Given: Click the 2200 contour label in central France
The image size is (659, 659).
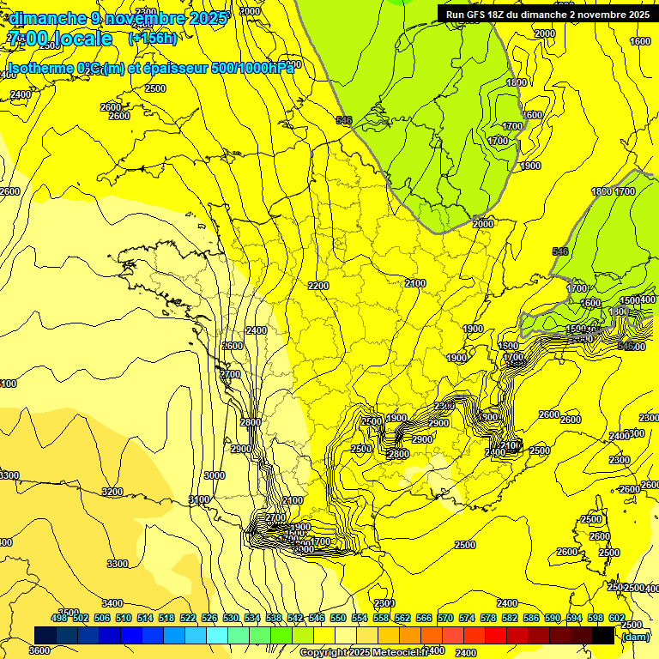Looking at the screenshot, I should click(x=318, y=286).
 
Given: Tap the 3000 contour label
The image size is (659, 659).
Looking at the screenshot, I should click(x=215, y=475).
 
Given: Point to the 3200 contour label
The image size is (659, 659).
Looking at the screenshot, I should click(x=112, y=492).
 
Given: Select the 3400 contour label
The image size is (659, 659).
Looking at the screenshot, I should click(x=112, y=604).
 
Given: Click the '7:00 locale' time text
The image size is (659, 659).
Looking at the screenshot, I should click(x=60, y=39).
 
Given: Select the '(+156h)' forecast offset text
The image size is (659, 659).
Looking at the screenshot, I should click(x=153, y=38).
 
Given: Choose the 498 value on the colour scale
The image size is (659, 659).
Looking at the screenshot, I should click(x=59, y=618).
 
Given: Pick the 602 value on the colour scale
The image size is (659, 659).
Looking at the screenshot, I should click(x=616, y=618).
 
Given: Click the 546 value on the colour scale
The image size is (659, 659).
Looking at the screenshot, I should click(x=317, y=618).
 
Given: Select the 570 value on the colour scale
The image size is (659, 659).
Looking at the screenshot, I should click(x=445, y=618).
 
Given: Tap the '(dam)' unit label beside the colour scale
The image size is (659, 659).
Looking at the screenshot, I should click(x=636, y=636).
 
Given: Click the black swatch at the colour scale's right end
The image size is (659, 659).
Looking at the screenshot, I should click(x=603, y=635).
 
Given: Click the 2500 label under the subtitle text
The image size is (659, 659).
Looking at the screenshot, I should click(x=155, y=88).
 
